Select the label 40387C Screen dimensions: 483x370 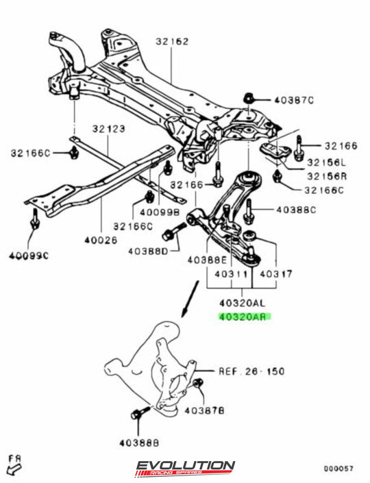coord(294,101)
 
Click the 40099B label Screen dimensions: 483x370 coord(144,212)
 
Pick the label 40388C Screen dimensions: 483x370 coord(295,210)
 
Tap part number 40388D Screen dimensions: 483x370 coord(149,251)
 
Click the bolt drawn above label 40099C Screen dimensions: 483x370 coord(34,223)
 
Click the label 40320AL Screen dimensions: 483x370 coord(243,303)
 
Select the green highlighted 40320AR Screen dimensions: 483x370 coord(244,317)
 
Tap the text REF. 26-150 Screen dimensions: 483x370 coord(251,371)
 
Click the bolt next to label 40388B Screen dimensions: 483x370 coord(134,413)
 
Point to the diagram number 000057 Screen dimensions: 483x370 coord(338,469)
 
